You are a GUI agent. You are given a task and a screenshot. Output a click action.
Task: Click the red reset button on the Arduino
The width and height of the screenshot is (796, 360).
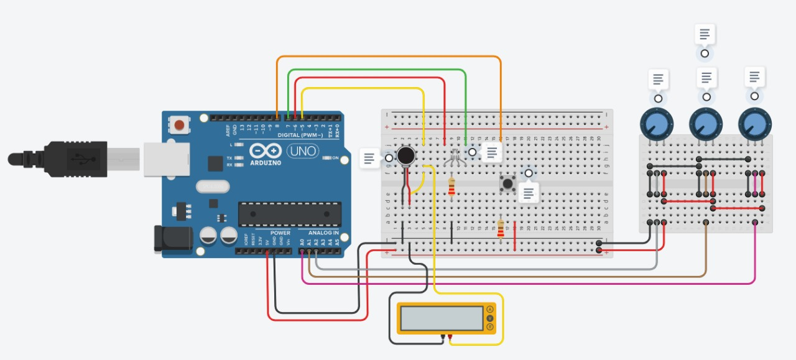179,126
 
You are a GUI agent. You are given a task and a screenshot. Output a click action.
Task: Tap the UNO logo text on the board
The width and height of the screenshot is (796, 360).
303,150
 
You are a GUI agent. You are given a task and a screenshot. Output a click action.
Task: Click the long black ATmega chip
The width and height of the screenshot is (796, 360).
290,214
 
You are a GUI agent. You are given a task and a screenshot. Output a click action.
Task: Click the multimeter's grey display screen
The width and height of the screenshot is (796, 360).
442,318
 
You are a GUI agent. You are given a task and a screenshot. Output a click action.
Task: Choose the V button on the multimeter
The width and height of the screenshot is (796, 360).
490,318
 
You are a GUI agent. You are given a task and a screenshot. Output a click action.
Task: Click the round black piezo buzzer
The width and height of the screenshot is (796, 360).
407,155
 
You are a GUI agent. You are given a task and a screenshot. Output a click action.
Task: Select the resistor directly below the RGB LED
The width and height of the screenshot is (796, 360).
451,187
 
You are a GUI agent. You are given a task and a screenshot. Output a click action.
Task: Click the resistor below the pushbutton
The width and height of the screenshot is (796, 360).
501,229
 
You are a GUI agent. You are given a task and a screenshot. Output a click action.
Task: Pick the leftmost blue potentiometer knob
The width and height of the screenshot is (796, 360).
657,124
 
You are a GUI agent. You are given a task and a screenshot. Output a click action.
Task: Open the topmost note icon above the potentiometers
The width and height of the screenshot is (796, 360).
705,35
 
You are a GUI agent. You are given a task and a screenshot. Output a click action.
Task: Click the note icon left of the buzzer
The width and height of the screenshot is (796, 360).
369,158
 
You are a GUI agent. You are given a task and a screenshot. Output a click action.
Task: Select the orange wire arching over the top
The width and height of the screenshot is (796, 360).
389,57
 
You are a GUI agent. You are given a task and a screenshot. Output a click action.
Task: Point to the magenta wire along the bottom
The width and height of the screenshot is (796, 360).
529,284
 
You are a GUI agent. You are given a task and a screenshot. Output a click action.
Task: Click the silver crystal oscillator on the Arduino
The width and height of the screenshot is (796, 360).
213,187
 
